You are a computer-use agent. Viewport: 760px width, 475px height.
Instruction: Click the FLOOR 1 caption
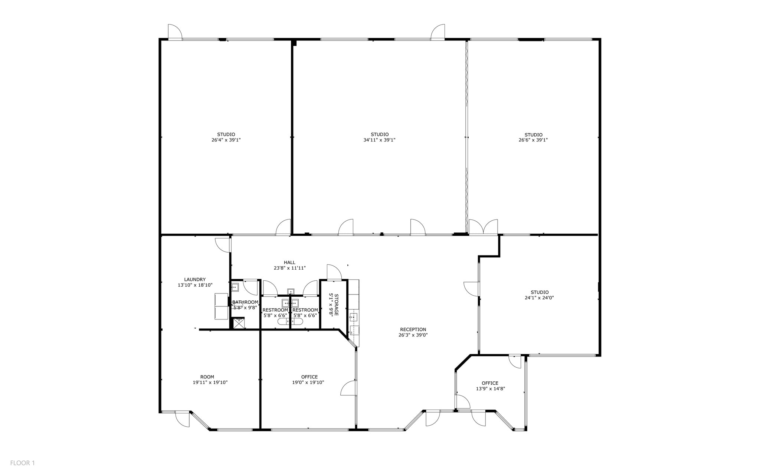tap(22, 463)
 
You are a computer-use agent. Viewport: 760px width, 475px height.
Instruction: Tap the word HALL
tap(289, 263)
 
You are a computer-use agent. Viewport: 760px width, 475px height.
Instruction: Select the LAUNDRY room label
tap(195, 280)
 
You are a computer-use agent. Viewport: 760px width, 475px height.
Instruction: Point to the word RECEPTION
tap(413, 329)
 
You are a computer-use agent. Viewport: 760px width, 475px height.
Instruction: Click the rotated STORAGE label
tap(336, 305)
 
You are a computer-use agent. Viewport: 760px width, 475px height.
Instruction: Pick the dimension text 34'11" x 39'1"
tap(380, 140)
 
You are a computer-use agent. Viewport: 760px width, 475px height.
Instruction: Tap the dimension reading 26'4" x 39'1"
tap(226, 140)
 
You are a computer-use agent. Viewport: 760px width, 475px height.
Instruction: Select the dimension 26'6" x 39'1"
tap(533, 140)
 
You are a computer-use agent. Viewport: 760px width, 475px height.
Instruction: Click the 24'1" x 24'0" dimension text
tap(539, 297)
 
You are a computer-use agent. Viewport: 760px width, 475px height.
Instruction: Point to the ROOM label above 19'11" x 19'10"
tap(207, 377)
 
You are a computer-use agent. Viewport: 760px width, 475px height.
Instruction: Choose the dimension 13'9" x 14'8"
tap(490, 389)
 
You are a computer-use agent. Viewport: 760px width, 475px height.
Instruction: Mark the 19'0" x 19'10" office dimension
tap(308, 382)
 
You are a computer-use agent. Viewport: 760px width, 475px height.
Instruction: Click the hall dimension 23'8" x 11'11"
tap(289, 268)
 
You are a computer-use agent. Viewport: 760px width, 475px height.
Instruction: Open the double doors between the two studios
tap(483, 227)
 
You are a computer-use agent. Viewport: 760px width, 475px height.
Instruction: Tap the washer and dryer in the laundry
tap(222, 306)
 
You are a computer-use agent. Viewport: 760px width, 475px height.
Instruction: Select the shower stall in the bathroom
tap(239, 323)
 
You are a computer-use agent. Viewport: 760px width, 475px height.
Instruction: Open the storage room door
tap(334, 272)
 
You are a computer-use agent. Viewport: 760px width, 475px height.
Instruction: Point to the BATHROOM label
tap(245, 302)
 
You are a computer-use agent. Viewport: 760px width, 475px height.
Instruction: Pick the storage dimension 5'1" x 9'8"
tap(331, 305)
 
